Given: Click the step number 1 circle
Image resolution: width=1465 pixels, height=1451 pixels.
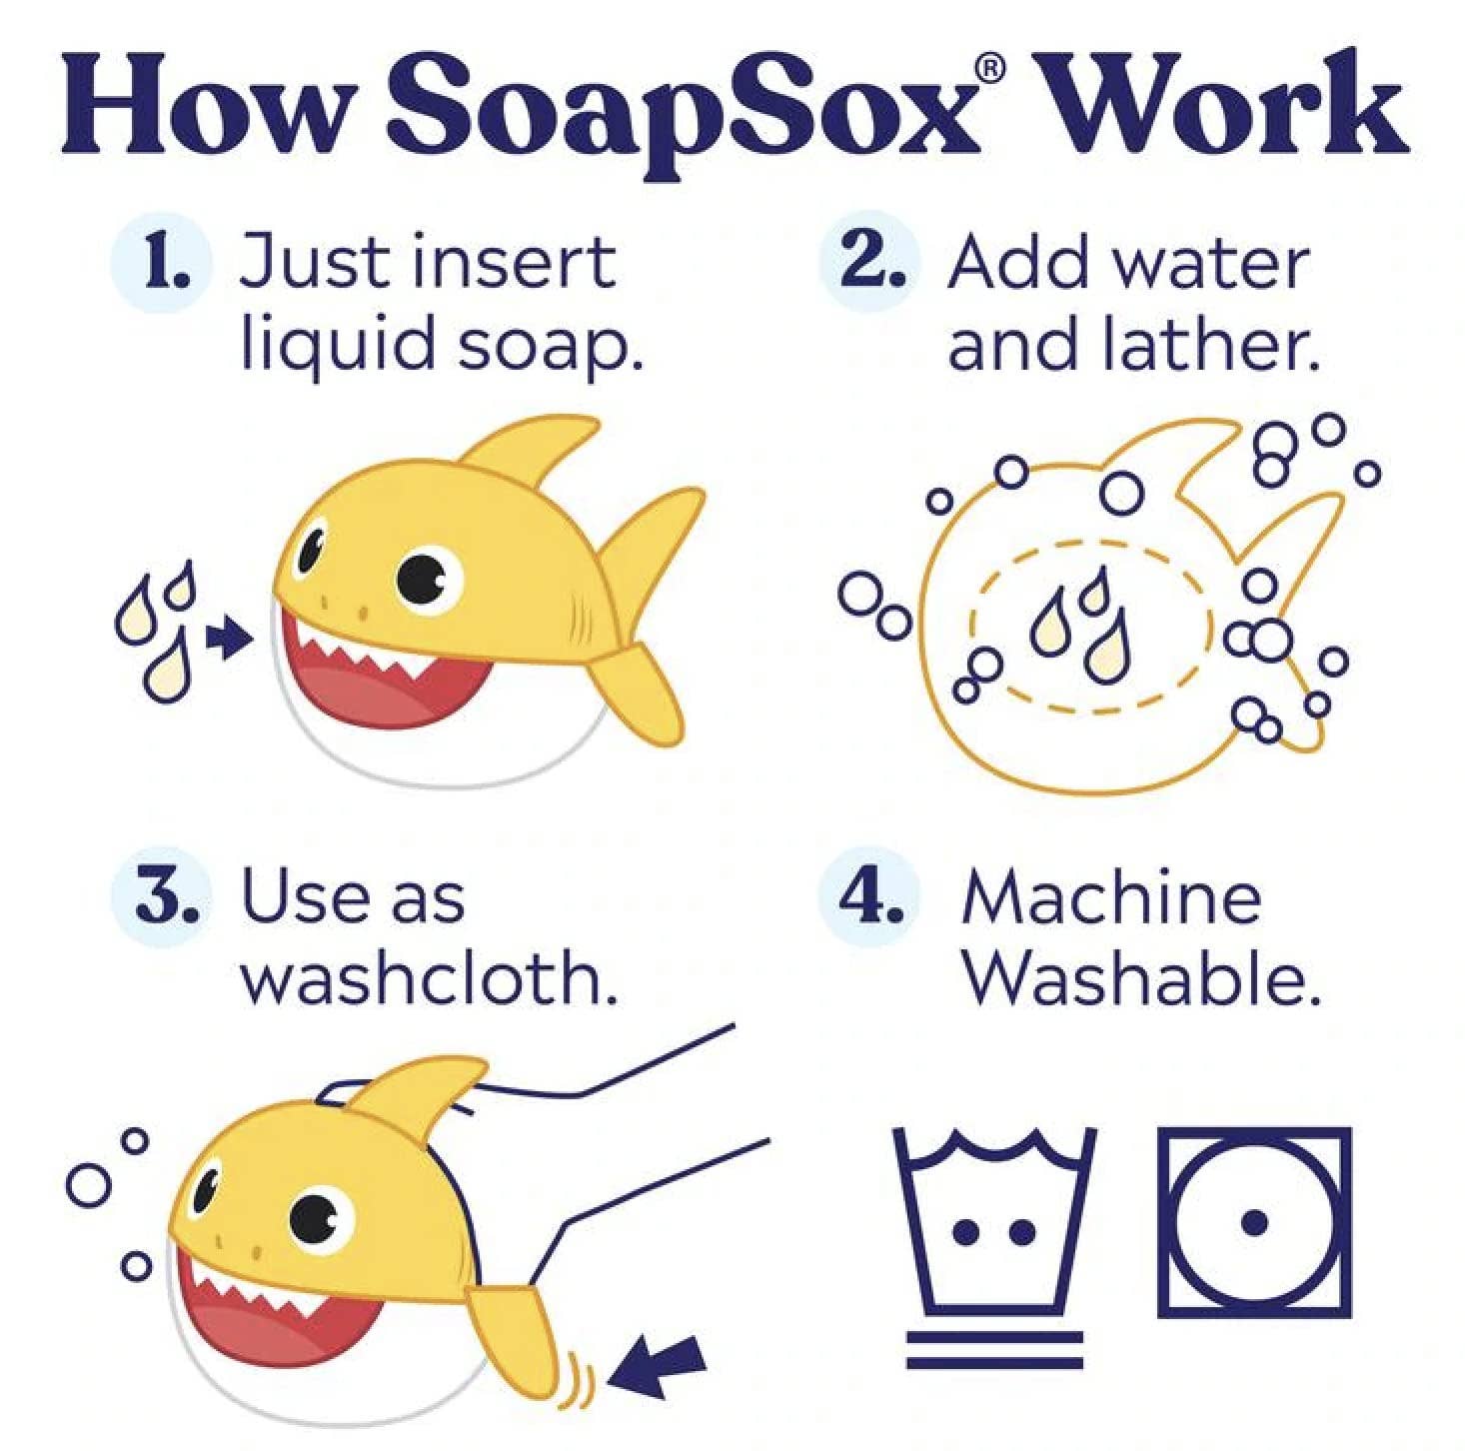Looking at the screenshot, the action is pyautogui.click(x=163, y=263).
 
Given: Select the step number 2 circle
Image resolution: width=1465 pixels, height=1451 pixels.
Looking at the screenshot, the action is pyautogui.click(x=869, y=263).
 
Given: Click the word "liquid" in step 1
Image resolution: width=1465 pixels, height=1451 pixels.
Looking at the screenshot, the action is pyautogui.click(x=338, y=347).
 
